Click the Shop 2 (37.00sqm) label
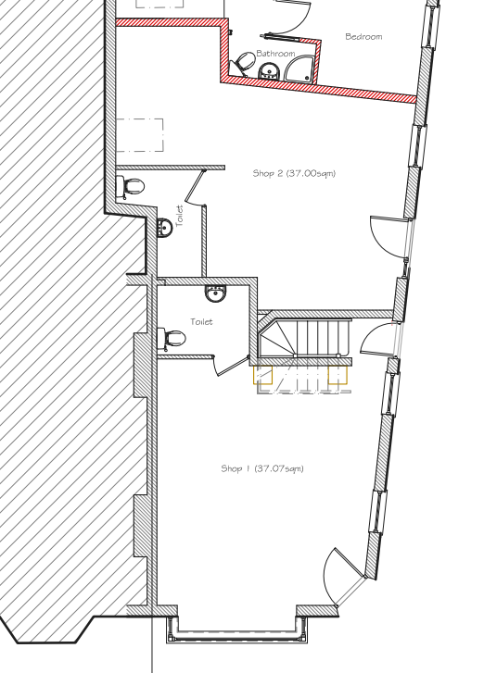[294, 173]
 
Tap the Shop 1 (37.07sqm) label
[262, 468]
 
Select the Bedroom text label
[363, 36]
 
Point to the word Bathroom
[275, 53]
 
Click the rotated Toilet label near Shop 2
[180, 216]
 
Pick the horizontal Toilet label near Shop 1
[201, 321]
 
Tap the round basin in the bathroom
[270, 71]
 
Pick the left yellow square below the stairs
[262, 375]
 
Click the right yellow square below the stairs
[338, 374]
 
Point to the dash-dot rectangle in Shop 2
[140, 135]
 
